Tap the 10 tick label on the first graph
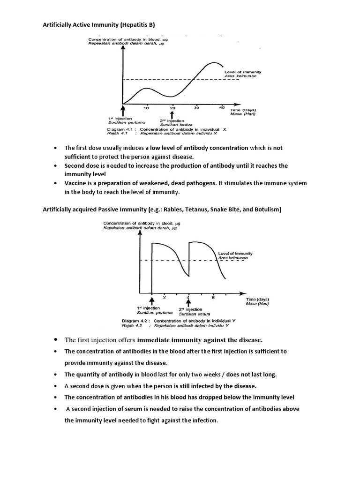[x=146, y=108]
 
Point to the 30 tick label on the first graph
[x=196, y=108]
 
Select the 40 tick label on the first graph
[x=221, y=108]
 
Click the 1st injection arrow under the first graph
[x=123, y=111]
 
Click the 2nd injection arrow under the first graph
[x=172, y=114]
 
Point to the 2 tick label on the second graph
[x=164, y=297]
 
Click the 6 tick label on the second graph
[x=214, y=297]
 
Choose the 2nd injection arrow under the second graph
[x=188, y=303]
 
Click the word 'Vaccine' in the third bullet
[x=75, y=183]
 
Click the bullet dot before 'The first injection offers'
[x=56, y=339]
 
